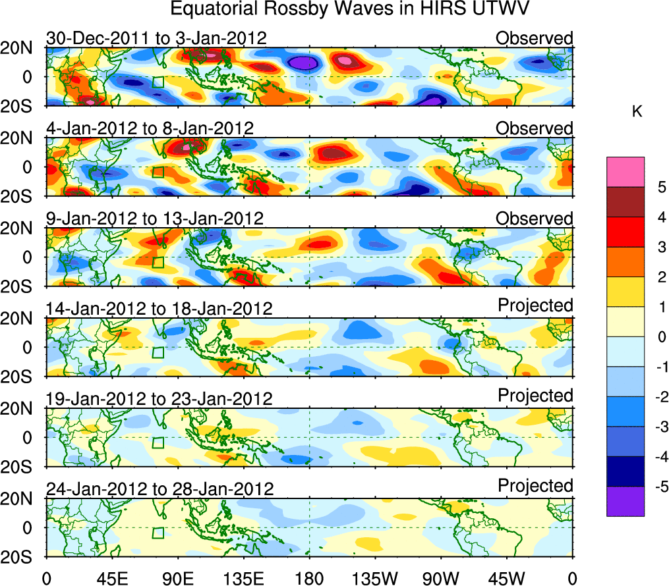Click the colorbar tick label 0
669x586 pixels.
(x=658, y=337)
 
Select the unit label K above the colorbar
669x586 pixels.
(x=637, y=113)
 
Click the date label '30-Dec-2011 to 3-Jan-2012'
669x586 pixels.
(x=156, y=38)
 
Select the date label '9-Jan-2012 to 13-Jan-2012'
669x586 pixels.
(x=155, y=218)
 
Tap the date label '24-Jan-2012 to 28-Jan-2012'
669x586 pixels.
(x=160, y=489)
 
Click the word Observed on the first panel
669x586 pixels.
(x=535, y=38)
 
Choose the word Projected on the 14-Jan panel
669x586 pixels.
(x=535, y=306)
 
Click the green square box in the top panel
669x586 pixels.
(x=158, y=82)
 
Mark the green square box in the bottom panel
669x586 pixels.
(x=158, y=533)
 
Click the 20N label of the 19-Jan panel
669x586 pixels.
(x=21, y=409)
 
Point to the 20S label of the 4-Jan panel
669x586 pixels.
(x=21, y=196)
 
